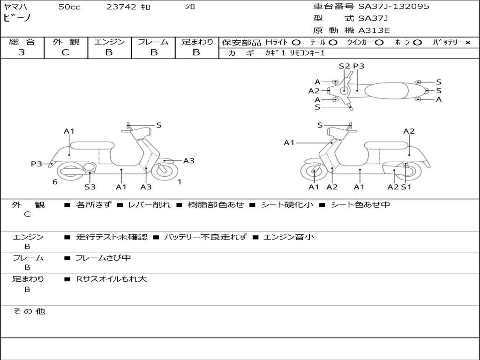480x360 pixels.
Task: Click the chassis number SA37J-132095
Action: point(394,7)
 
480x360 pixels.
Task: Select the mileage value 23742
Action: point(121,7)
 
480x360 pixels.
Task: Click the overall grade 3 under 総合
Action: point(22,52)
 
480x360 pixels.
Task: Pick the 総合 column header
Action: point(22,42)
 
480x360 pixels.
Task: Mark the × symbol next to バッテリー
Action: point(467,43)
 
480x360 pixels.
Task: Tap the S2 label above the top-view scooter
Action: point(344,66)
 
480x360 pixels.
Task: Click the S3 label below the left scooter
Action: point(90,187)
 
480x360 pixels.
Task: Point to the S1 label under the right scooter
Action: point(406,187)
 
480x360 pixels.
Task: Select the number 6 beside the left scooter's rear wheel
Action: point(55,182)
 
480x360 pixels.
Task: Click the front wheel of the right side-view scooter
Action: point(314,173)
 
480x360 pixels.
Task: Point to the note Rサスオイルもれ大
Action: point(112,279)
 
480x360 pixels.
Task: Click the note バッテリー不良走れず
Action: point(205,237)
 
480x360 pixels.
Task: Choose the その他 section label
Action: point(29,311)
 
